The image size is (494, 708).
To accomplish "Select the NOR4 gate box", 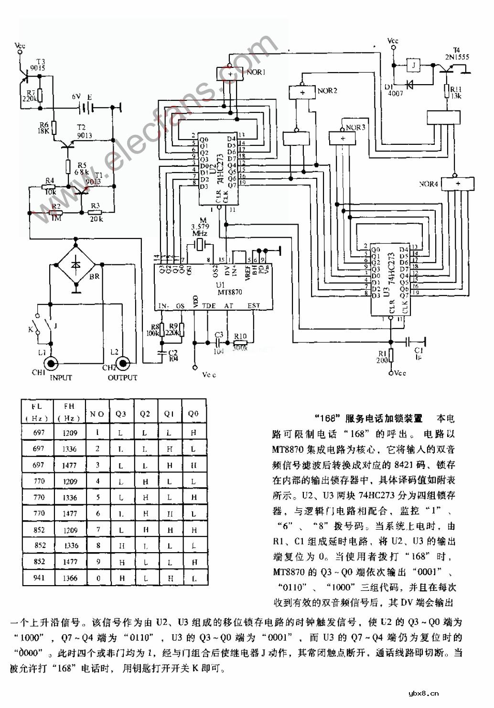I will coord(458,184).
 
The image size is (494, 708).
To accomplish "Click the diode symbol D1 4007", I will coord(409,84).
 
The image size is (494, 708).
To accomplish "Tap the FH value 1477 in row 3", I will coord(71,465).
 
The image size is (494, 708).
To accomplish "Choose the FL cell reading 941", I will coord(39,578).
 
